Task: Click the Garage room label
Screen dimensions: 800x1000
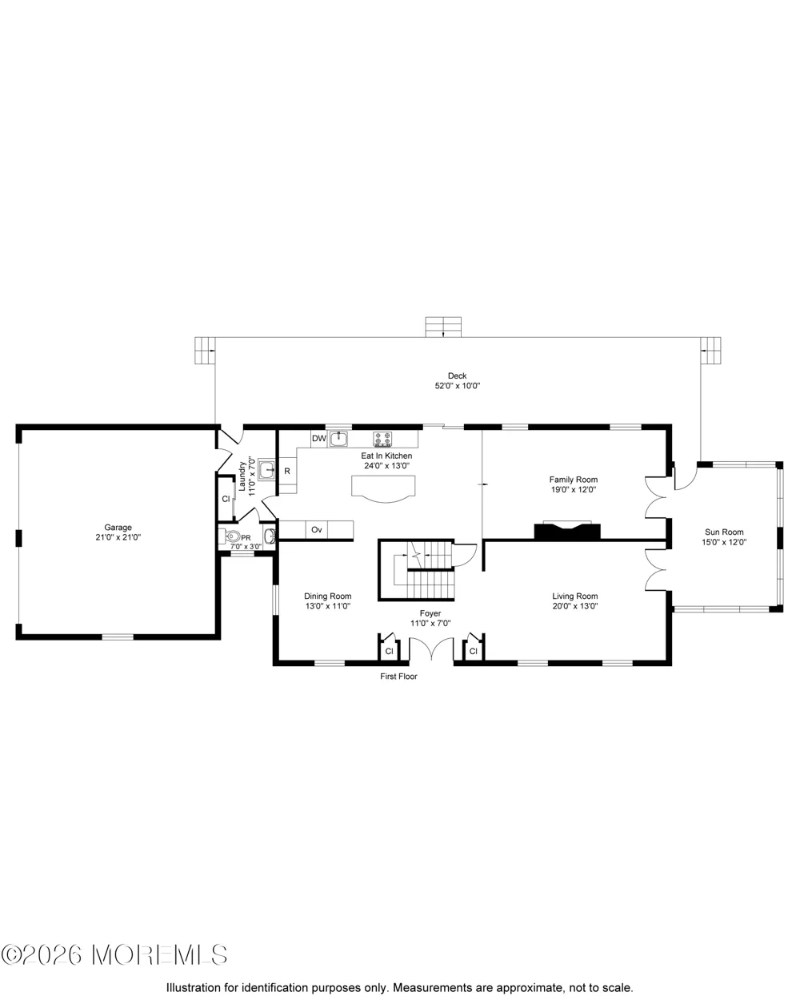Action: point(118,528)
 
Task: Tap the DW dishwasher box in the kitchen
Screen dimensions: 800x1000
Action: point(319,439)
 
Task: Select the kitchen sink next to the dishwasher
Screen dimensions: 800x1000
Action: point(339,439)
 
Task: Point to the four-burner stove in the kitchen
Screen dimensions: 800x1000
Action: point(382,438)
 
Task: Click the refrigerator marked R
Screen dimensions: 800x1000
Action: point(287,472)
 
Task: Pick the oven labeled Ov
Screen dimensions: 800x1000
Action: point(317,530)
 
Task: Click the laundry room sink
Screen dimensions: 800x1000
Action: point(266,470)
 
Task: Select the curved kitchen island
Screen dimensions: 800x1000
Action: point(383,488)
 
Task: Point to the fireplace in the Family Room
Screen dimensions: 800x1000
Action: point(567,530)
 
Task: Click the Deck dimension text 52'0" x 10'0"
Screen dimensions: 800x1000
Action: point(458,386)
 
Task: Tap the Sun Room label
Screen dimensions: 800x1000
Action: point(724,532)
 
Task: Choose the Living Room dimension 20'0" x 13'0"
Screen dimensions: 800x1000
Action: point(575,606)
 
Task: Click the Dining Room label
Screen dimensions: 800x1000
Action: point(328,596)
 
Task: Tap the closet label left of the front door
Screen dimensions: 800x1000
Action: point(389,652)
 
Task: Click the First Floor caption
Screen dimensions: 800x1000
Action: point(399,677)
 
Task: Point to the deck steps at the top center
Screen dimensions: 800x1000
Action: point(443,327)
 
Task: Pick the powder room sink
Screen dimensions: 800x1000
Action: point(270,536)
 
